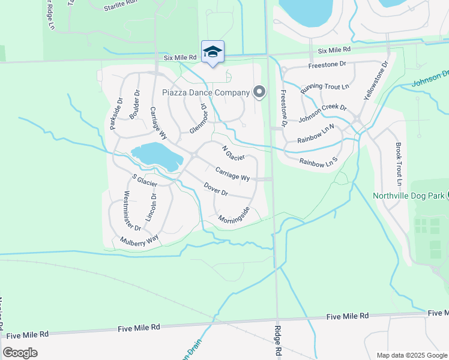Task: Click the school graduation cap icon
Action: click(212, 52)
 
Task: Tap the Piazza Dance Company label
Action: click(206, 92)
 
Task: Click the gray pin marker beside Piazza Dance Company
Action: click(259, 92)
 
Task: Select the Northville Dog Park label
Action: click(408, 196)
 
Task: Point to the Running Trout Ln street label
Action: click(325, 86)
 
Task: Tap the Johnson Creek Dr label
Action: click(322, 113)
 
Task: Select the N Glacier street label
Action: click(234, 153)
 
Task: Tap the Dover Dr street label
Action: click(215, 190)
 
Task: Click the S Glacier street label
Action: click(145, 179)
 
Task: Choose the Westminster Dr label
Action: click(131, 211)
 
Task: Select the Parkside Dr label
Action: click(116, 114)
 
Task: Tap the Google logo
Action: click(20, 352)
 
